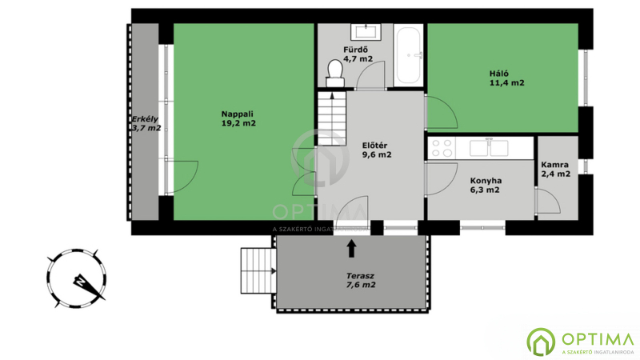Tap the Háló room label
coord(498,74)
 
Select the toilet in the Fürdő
coord(335,73)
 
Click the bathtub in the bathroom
coord(409,55)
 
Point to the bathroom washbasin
coord(366,32)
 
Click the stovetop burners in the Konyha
coord(442,148)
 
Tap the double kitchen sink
coord(489,148)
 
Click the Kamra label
coord(554,165)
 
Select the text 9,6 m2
coord(377,154)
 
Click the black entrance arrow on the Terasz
coord(351,248)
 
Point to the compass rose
coord(76,278)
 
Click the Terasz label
coord(361,276)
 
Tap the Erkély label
coord(145,119)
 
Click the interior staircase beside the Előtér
coord(332,118)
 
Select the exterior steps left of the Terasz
coord(258,270)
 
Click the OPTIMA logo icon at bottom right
coord(541,342)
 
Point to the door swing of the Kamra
coord(548,201)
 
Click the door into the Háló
coord(442,112)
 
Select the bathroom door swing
coord(370,75)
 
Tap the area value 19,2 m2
coord(238,123)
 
